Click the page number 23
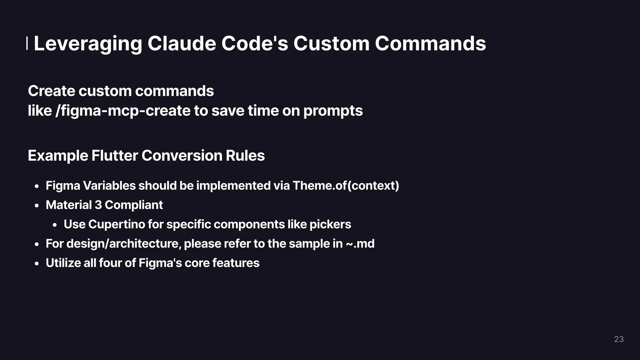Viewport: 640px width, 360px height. [619, 339]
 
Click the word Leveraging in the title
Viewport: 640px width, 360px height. [88, 44]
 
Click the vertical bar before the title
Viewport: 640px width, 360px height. [27, 43]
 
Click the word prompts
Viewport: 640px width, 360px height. [333, 111]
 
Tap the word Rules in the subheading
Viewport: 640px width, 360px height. [245, 156]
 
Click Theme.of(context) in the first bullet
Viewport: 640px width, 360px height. [346, 186]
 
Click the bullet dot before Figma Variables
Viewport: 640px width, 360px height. [37, 187]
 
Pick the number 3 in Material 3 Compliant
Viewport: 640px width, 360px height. [98, 205]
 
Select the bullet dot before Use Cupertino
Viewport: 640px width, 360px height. [55, 225]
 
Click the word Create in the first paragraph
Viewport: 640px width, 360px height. [52, 91]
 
